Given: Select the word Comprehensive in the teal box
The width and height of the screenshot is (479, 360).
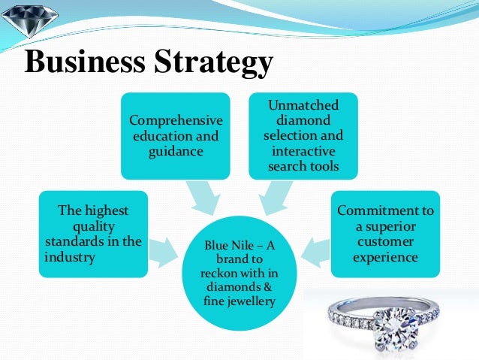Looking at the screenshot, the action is pyautogui.click(x=176, y=120).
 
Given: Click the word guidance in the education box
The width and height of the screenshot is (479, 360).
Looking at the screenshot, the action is pyautogui.click(x=176, y=152).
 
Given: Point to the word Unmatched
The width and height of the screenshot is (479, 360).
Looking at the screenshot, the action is pyautogui.click(x=304, y=106).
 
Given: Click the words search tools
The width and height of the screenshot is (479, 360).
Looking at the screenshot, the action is pyautogui.click(x=303, y=165).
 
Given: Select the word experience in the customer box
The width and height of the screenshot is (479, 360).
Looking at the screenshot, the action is pyautogui.click(x=386, y=256).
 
